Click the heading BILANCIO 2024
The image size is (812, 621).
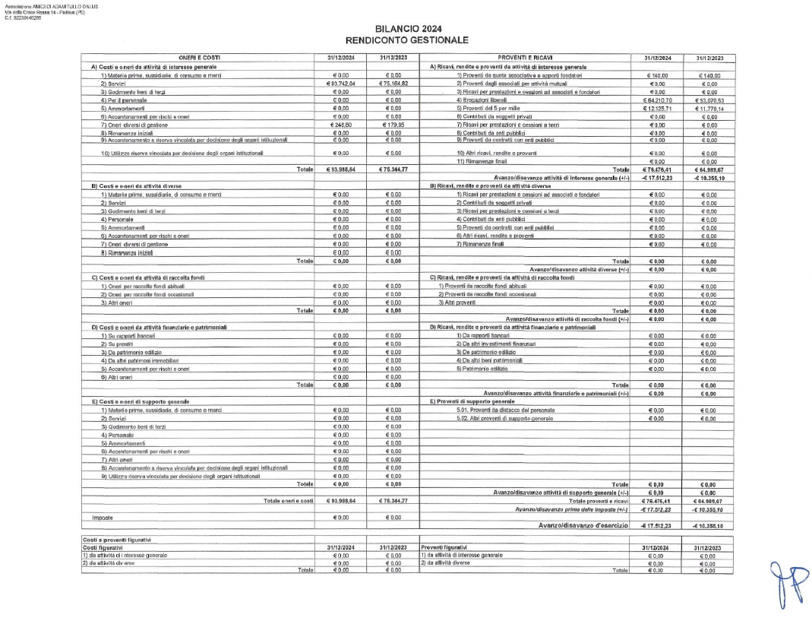(406, 29)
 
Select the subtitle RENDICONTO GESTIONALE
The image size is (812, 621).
(406, 40)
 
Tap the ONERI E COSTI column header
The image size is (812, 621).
(199, 58)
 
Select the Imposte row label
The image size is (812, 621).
(93, 517)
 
